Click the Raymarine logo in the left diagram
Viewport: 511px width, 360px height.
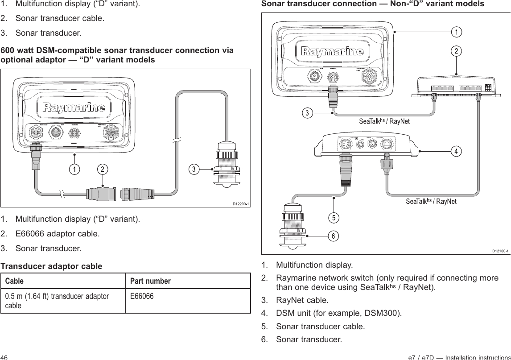[x=74, y=108]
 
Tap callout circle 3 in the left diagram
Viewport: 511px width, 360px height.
[x=194, y=170]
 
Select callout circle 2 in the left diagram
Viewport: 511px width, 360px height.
[x=103, y=170]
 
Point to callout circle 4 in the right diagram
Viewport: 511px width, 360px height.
[x=456, y=151]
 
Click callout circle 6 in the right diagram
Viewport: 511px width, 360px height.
[x=333, y=236]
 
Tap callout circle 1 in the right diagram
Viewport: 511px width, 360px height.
[x=456, y=32]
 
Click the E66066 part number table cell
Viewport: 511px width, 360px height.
[x=142, y=296]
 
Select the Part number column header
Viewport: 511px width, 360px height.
[x=150, y=281]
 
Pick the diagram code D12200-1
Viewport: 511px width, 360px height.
[x=240, y=204]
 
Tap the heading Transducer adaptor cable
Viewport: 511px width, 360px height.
[x=51, y=266]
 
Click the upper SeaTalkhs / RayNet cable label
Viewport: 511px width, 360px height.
[x=384, y=121]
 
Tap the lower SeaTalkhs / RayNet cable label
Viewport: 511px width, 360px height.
[x=431, y=201]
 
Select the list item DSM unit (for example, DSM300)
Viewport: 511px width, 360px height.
[x=339, y=312]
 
